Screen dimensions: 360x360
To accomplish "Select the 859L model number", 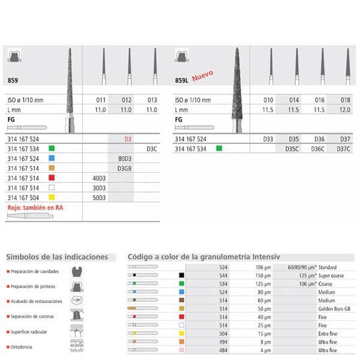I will (182, 80).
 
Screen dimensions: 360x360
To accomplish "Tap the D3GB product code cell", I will (123, 169).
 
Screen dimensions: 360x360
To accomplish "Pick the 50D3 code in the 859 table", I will (98, 197).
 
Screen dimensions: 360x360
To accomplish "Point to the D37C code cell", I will (344, 148).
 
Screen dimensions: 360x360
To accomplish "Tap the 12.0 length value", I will (344, 110).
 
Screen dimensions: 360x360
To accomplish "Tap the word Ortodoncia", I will (23, 347).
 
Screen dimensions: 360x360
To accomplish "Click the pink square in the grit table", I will (181, 350).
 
